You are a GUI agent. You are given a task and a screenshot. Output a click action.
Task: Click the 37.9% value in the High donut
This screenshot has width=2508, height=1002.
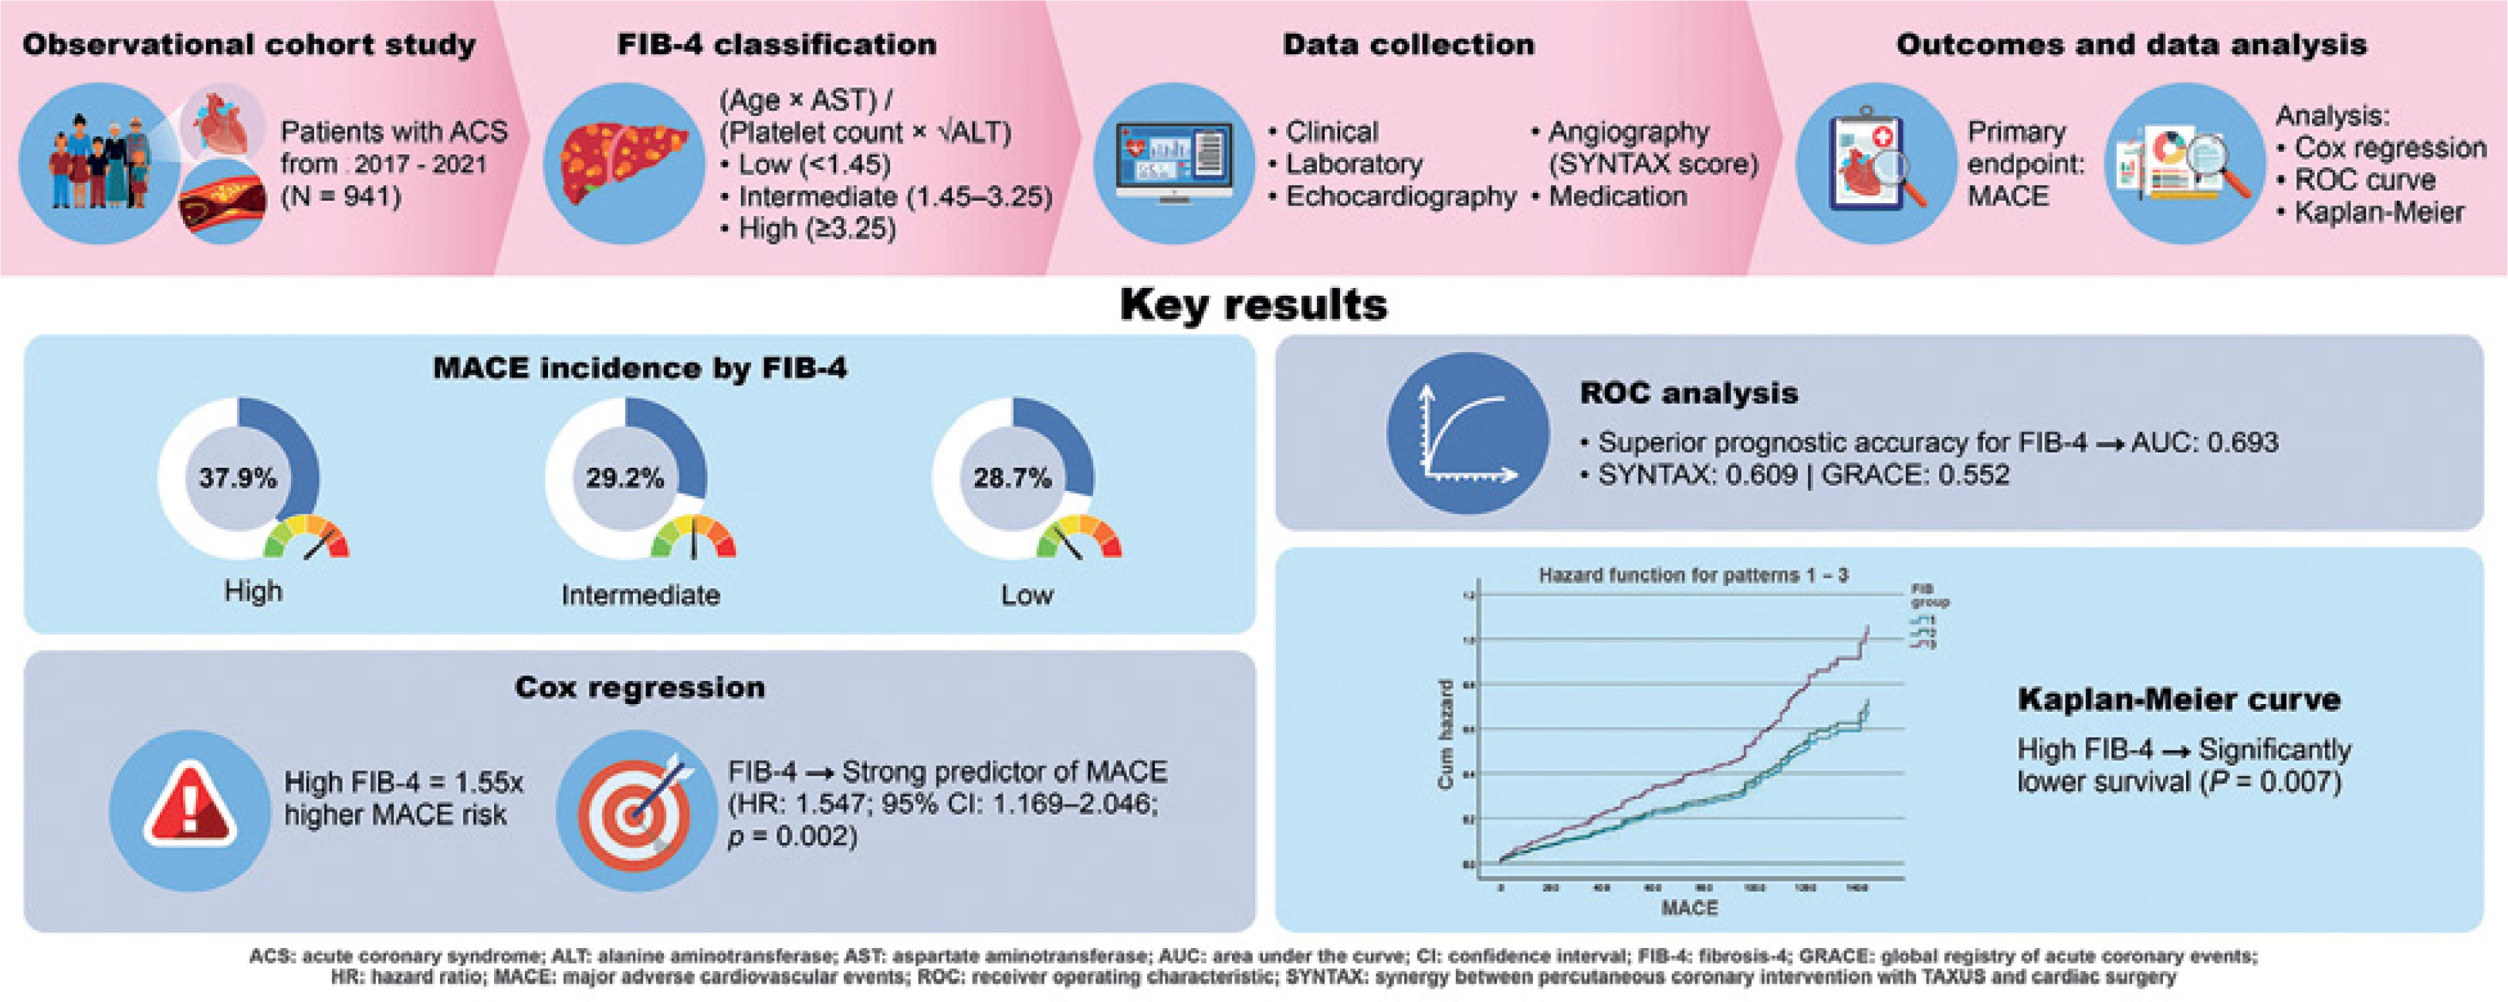238,478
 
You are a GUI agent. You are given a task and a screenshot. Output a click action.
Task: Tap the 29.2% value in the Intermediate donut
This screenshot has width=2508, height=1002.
624,478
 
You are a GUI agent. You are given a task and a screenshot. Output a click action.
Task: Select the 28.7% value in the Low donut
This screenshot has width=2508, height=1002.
1011,478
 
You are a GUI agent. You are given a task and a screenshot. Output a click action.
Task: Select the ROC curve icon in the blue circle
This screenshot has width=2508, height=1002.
1467,433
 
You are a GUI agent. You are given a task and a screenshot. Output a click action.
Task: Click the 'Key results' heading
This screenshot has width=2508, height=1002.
1253,305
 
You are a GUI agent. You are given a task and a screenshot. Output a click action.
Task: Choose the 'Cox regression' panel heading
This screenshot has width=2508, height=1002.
640,688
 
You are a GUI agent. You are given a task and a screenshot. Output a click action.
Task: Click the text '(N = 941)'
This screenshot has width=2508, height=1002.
340,197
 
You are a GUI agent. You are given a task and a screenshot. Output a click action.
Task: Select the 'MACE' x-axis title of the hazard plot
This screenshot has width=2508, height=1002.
1689,908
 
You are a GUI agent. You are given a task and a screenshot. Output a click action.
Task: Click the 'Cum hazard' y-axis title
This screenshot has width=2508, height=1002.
1445,734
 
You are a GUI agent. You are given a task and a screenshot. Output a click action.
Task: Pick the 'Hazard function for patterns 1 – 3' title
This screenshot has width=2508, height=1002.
1693,575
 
